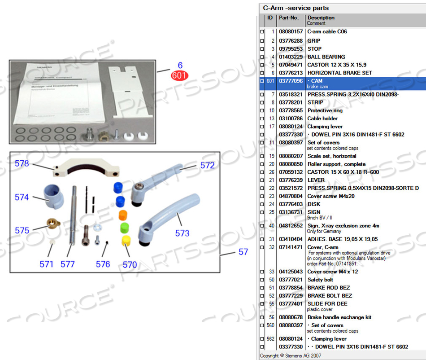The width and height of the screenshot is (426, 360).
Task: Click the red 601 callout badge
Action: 179,75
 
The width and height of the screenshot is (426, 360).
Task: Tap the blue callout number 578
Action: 22,163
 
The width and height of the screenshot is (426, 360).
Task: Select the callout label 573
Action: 182,233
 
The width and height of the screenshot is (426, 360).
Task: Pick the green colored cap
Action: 124,227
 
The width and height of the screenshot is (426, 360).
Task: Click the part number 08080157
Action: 291,32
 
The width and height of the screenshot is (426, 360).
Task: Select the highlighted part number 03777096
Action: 291,80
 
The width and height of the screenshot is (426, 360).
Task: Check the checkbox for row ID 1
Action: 262,32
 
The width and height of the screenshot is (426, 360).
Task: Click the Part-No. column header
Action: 289,18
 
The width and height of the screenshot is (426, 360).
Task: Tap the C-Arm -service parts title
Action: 296,8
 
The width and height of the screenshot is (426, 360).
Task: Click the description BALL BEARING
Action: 326,57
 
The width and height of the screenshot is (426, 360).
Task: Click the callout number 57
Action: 243,252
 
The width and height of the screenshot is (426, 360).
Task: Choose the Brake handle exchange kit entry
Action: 339,317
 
